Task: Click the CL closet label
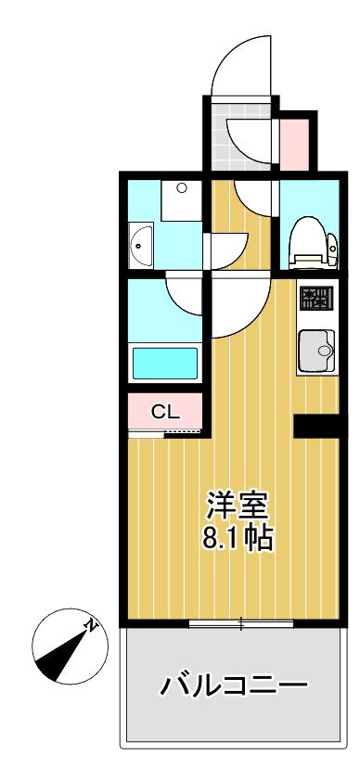click(x=165, y=412)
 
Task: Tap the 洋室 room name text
click(x=238, y=507)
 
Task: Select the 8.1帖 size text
click(x=238, y=538)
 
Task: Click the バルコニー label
click(x=234, y=686)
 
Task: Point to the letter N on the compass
click(x=91, y=625)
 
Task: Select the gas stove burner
click(x=315, y=299)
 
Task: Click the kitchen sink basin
click(x=315, y=351)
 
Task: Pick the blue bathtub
click(x=165, y=363)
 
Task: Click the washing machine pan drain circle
click(x=182, y=188)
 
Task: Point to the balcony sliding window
click(x=241, y=622)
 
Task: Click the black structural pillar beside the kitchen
click(x=316, y=426)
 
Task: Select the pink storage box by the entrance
click(x=294, y=145)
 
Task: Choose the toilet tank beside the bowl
click(x=332, y=244)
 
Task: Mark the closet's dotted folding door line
click(x=182, y=431)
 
